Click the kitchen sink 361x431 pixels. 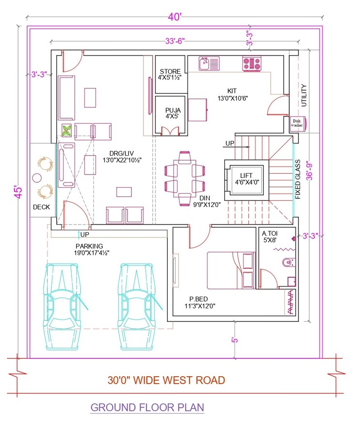click(x=209, y=63)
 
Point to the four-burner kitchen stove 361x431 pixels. click(x=251, y=63)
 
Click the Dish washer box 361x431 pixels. click(x=297, y=123)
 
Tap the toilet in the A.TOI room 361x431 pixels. click(x=288, y=262)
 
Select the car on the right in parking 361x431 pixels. click(x=139, y=305)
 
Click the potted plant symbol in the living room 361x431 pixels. click(x=67, y=130)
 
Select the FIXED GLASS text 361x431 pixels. click(x=298, y=179)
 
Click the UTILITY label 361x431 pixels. click(x=304, y=96)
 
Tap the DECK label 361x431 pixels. click(x=41, y=207)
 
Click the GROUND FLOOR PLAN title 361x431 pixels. click(x=147, y=407)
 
